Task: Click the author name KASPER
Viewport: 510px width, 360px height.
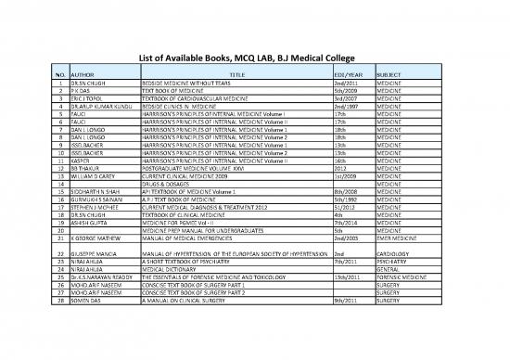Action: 83,161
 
